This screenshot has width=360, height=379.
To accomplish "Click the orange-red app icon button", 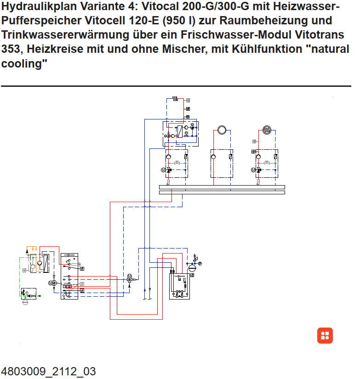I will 325,335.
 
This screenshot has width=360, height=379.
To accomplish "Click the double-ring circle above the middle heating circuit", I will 222,130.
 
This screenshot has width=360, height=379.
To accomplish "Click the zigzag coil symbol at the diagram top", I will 176,98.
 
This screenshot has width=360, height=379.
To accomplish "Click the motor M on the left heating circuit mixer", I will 163,170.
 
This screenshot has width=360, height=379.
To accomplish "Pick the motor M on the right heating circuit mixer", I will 253,170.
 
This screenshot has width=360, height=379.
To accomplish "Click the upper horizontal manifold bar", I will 222,187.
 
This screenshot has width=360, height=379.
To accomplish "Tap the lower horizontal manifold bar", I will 222,192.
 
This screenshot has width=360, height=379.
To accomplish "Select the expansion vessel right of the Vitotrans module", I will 192,267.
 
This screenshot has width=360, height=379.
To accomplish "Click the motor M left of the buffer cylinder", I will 51,283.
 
